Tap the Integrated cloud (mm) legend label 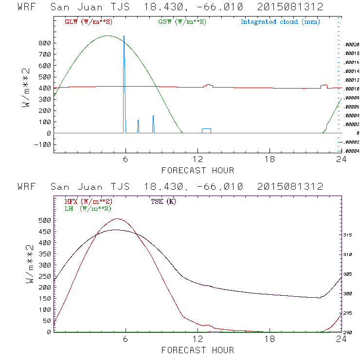[279, 22]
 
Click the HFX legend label [88, 201]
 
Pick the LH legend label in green [88, 208]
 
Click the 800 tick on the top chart [45, 43]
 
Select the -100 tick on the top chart [43, 144]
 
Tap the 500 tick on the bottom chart [45, 220]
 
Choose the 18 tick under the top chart [270, 160]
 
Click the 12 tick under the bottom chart [198, 340]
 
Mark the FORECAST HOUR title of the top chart [198, 170]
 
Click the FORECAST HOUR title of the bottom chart [198, 350]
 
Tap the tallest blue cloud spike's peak [124, 36]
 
